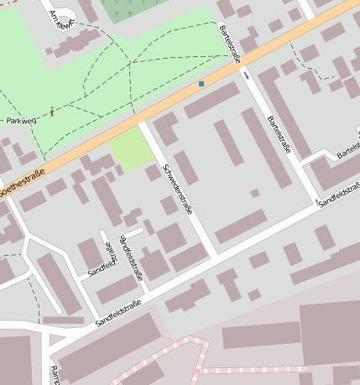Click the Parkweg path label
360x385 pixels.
(x=23, y=121)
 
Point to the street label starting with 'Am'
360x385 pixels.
(x=63, y=18)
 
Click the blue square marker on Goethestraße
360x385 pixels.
(x=201, y=84)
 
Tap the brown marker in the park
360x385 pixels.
(x=53, y=111)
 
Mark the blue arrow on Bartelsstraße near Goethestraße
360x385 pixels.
(x=247, y=75)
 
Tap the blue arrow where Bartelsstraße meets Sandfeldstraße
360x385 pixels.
(x=316, y=201)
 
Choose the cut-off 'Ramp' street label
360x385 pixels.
(x=55, y=375)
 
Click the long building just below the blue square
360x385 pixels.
(x=212, y=101)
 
